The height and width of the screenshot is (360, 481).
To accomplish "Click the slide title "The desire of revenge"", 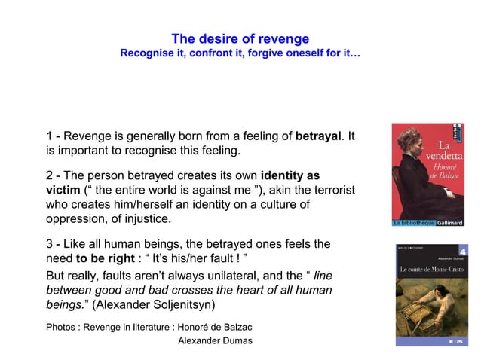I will [240, 39].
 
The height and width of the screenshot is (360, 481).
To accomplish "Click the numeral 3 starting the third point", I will [50, 244].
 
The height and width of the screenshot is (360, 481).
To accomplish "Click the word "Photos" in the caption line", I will [61, 327].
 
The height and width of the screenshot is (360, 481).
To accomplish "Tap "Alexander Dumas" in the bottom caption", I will [214, 341].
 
